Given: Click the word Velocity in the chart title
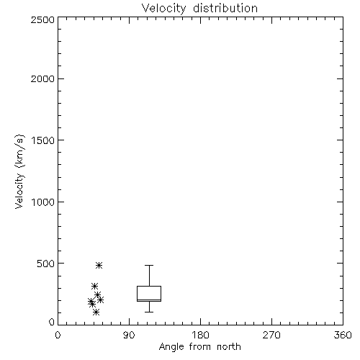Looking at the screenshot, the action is click(164, 9).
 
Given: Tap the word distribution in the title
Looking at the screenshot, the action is click(225, 8).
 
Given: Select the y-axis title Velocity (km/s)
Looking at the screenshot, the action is click(19, 171).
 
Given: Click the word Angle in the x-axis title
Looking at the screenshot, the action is click(171, 347).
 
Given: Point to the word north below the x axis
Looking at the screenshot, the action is click(229, 346).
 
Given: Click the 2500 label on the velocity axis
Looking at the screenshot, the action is click(42, 19).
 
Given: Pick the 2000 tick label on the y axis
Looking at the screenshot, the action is click(42, 78).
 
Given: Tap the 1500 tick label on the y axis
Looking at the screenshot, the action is click(43, 140).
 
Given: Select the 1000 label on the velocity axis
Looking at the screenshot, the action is click(43, 202).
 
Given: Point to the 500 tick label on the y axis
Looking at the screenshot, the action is click(46, 264).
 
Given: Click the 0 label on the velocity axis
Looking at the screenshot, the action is click(52, 322).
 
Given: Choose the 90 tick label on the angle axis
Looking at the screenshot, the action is click(129, 335).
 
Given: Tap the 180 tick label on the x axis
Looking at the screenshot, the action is click(200, 335).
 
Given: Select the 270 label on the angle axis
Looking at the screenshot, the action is click(271, 335).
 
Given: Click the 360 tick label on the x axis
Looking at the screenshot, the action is click(343, 335).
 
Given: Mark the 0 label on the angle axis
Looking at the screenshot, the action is click(58, 335).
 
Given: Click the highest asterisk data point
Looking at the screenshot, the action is click(99, 265).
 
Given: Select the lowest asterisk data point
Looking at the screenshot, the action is click(96, 312).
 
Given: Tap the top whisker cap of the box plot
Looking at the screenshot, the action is click(149, 265).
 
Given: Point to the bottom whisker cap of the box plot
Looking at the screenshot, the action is click(149, 312).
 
